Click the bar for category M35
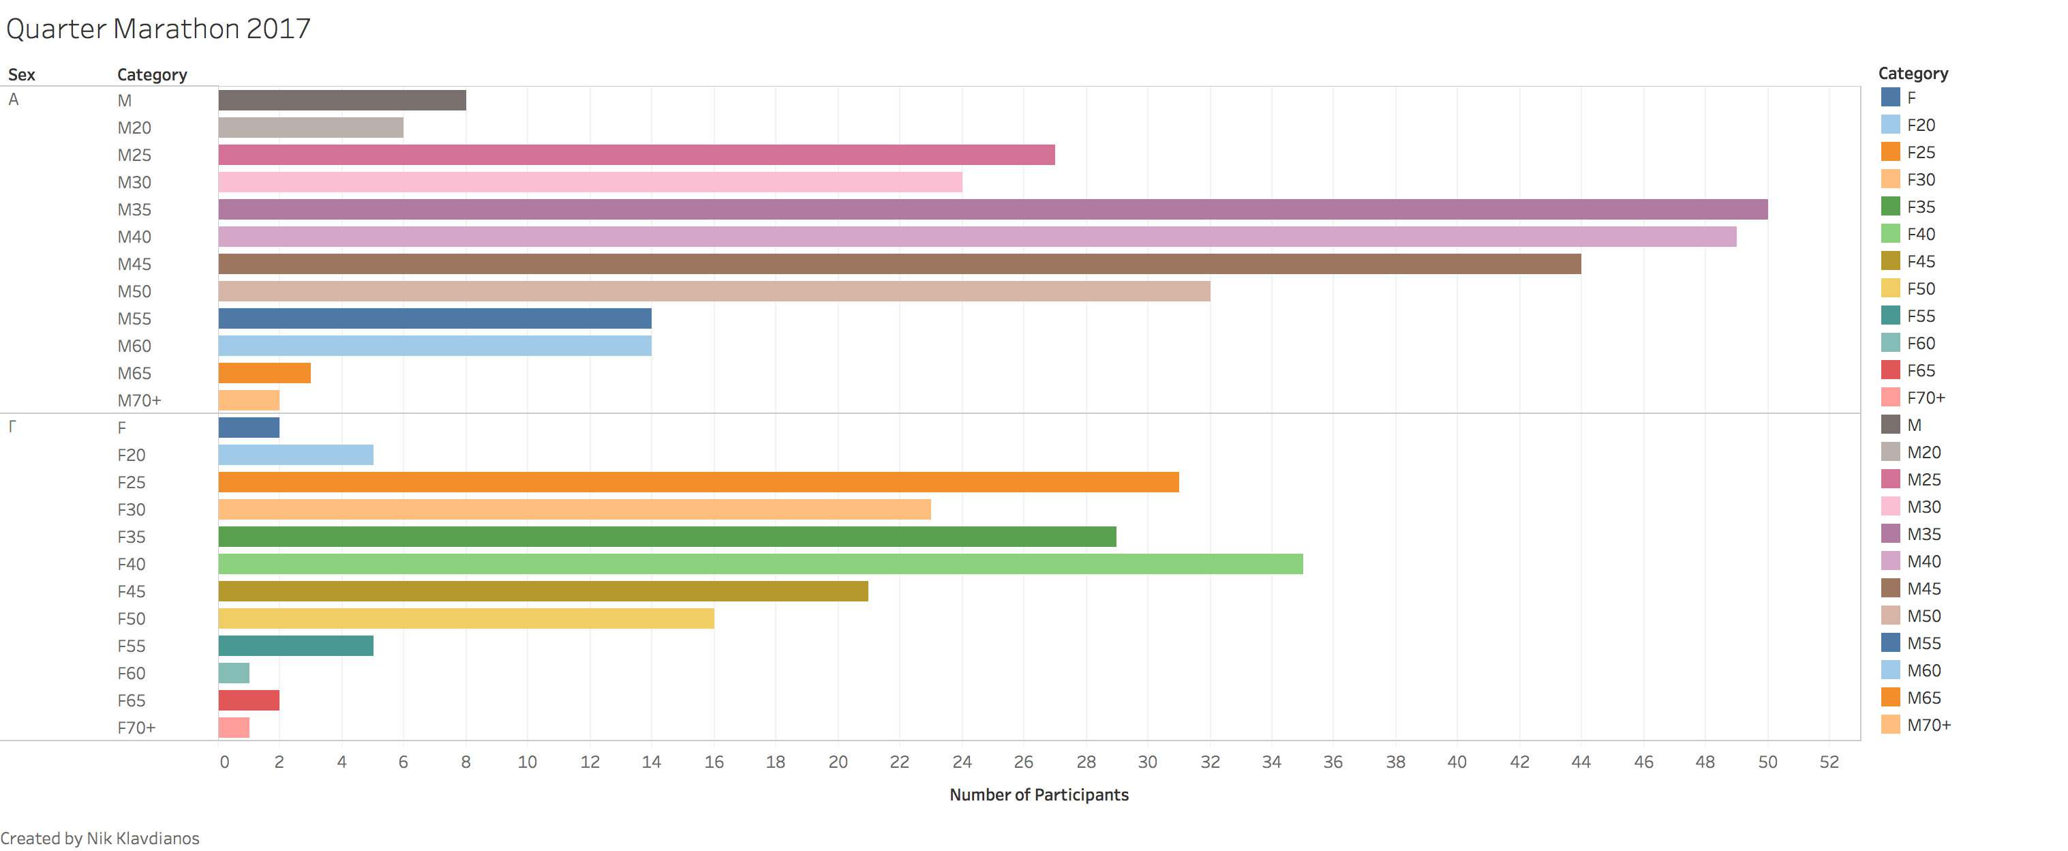[x=992, y=209]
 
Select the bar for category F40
[x=760, y=565]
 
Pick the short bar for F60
[x=234, y=674]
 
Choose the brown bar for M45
[x=899, y=264]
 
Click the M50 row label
[x=134, y=291]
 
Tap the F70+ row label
[x=136, y=728]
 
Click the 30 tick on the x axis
[x=1147, y=762]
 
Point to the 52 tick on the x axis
[x=1829, y=762]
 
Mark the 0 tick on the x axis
[x=224, y=762]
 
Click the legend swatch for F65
[x=1891, y=370]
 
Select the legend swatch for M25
[x=1891, y=479]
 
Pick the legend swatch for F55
[x=1891, y=316]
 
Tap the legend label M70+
[x=1928, y=725]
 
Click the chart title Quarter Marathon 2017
[x=158, y=29]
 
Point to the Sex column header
[x=22, y=74]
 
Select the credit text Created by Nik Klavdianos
[x=100, y=838]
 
